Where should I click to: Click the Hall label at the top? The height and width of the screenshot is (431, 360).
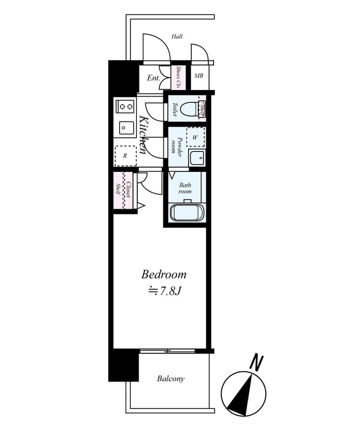click(x=177, y=37)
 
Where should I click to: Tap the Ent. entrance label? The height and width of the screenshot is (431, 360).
click(x=153, y=78)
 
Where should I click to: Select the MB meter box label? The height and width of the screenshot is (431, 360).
click(x=198, y=77)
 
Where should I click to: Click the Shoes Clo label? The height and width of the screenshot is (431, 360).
click(x=178, y=78)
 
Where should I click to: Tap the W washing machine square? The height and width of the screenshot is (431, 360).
click(x=195, y=137)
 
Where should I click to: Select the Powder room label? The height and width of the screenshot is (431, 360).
click(x=177, y=145)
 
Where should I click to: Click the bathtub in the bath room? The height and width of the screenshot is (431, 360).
click(x=186, y=212)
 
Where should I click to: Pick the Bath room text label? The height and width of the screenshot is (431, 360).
click(x=185, y=187)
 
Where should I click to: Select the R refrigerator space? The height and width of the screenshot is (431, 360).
click(x=125, y=156)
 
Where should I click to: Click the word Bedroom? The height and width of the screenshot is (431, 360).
click(x=164, y=274)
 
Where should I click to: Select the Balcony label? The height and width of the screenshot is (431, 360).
click(x=171, y=379)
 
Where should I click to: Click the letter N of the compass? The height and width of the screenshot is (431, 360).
click(x=258, y=362)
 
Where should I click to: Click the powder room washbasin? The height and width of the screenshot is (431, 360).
click(x=197, y=158)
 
